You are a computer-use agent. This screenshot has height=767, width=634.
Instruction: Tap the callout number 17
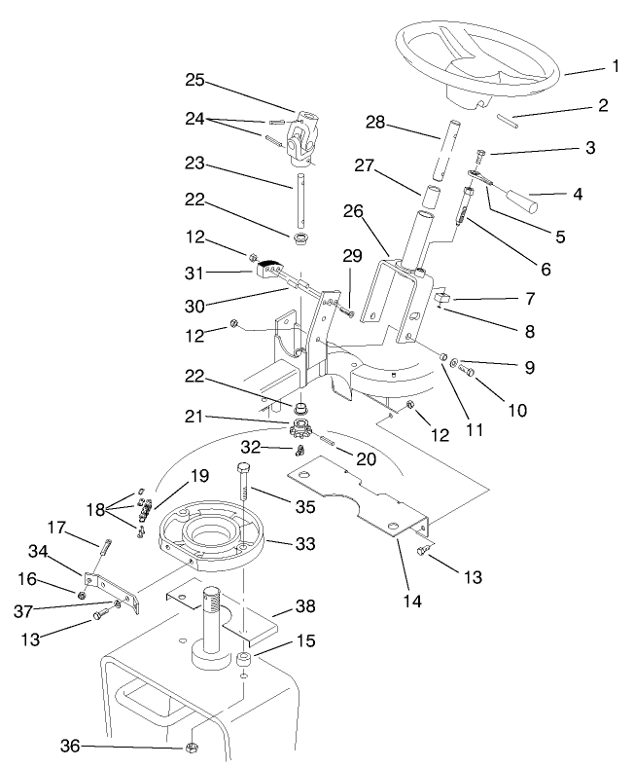pos(56,530)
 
